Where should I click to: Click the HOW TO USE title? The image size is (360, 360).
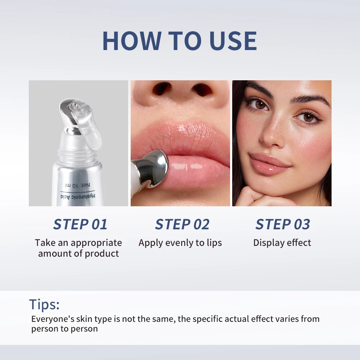pos(180,41)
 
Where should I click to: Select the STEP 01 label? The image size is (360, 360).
pos(80,224)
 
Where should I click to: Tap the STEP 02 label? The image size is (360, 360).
pos(182,224)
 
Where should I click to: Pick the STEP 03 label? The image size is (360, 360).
pos(283,224)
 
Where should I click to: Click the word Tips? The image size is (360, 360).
pos(44,305)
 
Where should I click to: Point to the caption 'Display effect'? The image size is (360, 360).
pos(282,243)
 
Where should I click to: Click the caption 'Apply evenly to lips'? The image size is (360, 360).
pos(180,243)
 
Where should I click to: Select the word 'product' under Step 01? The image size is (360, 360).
pos(102,253)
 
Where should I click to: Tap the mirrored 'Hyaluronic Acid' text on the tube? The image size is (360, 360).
pos(77,196)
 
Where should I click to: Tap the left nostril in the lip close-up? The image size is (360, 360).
pos(161,89)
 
